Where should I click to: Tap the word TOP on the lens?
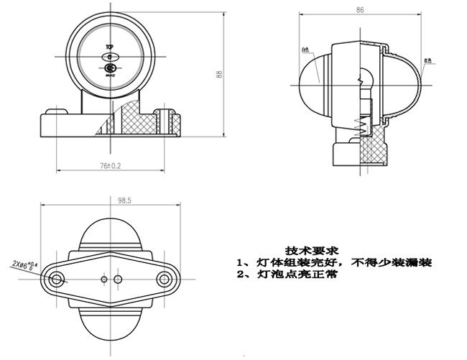tap(109, 47)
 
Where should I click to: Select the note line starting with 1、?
tap(334, 263)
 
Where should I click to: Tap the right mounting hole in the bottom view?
tap(165, 278)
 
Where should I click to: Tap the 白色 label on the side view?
tap(305, 50)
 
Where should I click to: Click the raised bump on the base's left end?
tap(55, 111)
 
